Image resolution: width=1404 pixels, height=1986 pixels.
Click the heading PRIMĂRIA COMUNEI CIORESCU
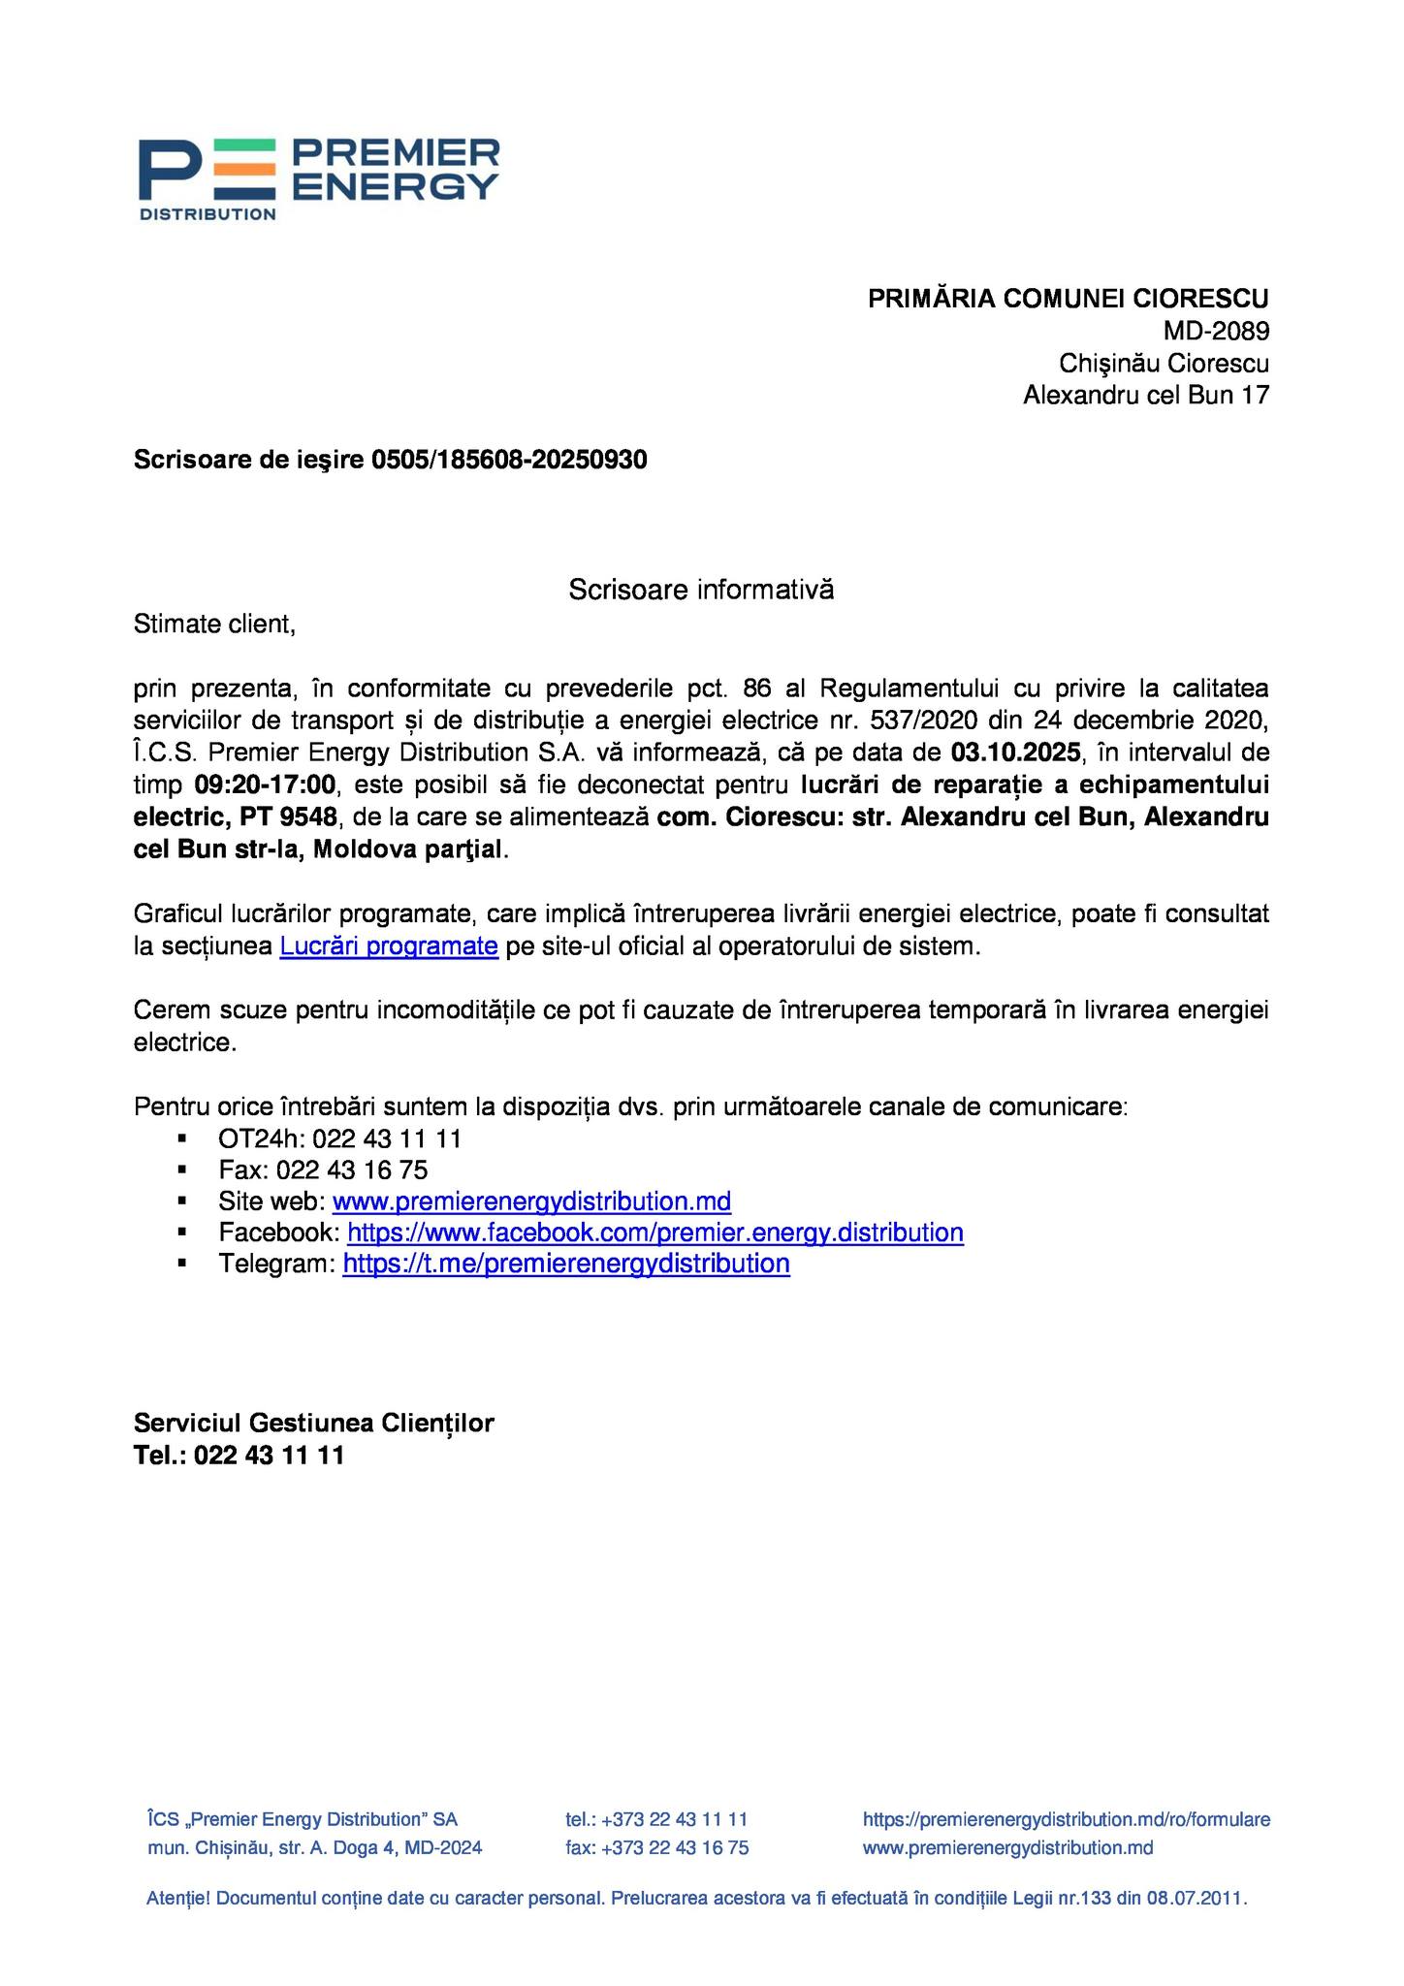[x=1068, y=299]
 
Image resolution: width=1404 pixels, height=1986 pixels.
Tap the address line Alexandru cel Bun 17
[x=1145, y=396]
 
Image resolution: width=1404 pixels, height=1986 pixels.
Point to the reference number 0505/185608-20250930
[x=509, y=460]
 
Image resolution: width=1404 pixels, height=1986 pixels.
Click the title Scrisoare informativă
[x=701, y=590]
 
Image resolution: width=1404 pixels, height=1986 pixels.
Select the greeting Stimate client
[x=214, y=625]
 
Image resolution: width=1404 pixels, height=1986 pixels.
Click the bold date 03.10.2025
[x=1015, y=753]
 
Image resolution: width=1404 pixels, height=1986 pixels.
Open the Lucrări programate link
[x=389, y=946]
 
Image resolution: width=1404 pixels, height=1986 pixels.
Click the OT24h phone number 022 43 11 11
[x=387, y=1139]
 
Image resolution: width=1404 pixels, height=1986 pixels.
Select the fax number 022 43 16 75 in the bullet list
[x=352, y=1170]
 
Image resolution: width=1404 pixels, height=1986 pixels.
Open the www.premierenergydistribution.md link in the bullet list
[x=531, y=1202]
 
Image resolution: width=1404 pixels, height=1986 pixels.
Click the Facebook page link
[x=654, y=1233]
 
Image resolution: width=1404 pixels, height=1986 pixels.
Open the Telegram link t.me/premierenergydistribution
[x=566, y=1265]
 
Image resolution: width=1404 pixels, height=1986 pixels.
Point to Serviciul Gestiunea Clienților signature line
[x=313, y=1424]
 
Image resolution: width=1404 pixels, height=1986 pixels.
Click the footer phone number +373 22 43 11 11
[x=674, y=1820]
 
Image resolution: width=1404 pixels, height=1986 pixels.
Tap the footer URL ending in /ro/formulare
[x=1066, y=1820]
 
